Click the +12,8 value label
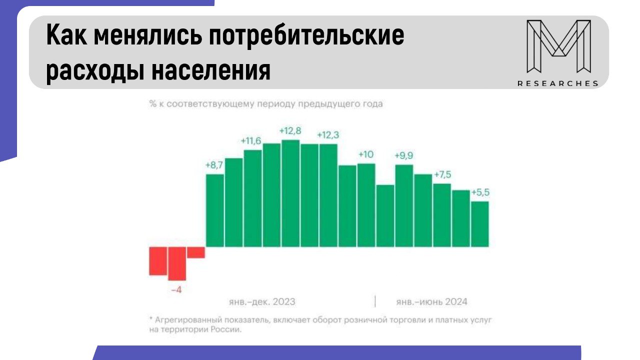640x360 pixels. pyautogui.click(x=290, y=131)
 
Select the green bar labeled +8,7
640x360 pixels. pyautogui.click(x=214, y=210)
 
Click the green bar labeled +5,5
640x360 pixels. pyautogui.click(x=479, y=223)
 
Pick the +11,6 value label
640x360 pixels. pyautogui.click(x=251, y=141)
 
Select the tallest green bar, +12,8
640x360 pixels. pyautogui.click(x=290, y=193)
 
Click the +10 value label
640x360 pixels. pyautogui.click(x=366, y=154)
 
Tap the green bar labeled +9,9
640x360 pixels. pyautogui.click(x=404, y=205)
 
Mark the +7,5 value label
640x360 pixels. pyautogui.click(x=442, y=174)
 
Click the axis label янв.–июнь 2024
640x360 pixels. pyautogui.click(x=431, y=302)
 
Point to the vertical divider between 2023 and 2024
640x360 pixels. pyautogui.click(x=375, y=301)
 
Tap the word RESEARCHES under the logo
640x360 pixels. pyautogui.click(x=558, y=83)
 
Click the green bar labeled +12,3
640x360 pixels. pyautogui.click(x=328, y=195)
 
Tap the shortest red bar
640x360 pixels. pyautogui.click(x=195, y=252)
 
